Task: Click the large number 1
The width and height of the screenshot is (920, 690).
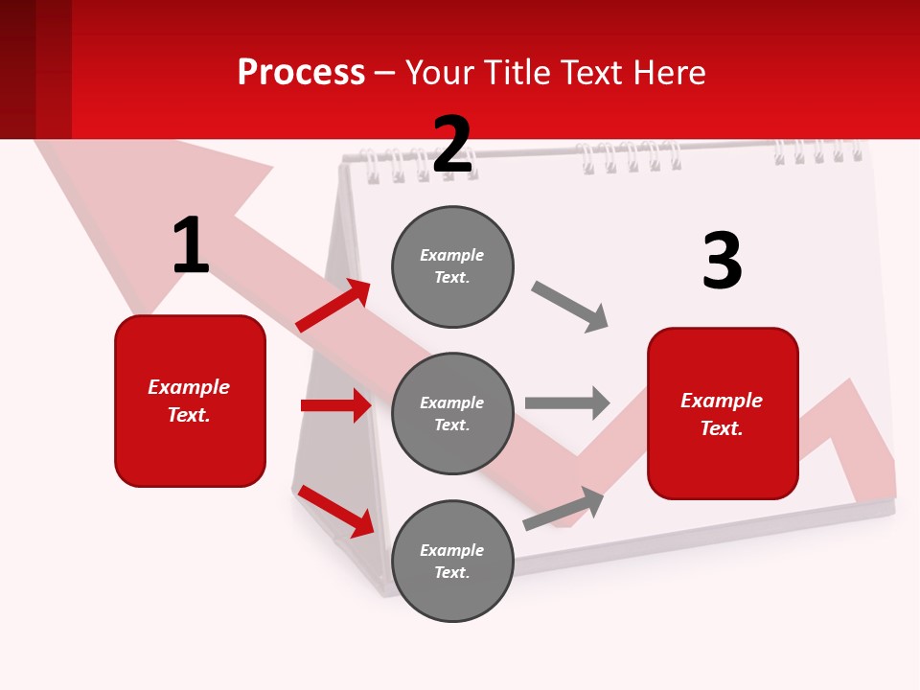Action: (x=191, y=245)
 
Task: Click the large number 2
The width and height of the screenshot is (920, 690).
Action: (x=452, y=145)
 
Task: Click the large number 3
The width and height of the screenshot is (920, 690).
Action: (x=722, y=261)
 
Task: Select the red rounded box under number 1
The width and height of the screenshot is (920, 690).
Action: (x=190, y=401)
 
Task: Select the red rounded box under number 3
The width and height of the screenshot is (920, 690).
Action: (x=723, y=414)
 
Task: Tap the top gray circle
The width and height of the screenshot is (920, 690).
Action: (x=452, y=266)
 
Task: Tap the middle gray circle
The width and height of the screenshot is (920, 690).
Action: (x=452, y=414)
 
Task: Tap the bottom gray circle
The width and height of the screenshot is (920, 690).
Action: (x=452, y=562)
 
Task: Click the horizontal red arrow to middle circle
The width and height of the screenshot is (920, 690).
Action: (x=336, y=405)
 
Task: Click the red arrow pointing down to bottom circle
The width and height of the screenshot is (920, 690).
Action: (x=336, y=511)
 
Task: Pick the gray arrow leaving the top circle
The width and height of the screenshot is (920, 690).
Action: (x=570, y=306)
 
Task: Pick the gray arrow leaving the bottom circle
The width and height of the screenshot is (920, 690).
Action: (x=563, y=508)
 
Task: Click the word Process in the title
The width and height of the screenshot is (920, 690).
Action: (x=301, y=72)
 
